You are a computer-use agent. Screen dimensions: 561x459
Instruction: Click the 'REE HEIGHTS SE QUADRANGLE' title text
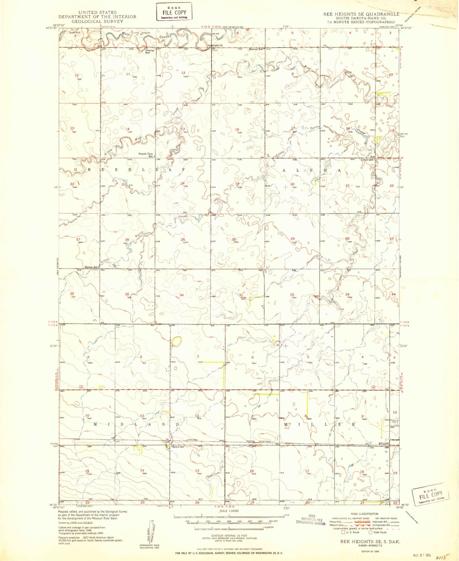pos(361,14)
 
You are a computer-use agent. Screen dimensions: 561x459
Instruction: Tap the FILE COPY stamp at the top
pos(174,12)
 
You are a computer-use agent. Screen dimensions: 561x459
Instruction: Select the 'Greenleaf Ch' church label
pos(215,45)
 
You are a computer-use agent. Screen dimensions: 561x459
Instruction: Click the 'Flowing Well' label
pos(150,51)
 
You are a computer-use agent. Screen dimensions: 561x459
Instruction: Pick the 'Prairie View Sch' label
pos(146,155)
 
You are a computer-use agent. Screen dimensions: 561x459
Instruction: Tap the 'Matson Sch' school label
pos(91,267)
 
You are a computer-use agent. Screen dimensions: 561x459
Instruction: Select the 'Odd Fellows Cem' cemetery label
pos(390,421)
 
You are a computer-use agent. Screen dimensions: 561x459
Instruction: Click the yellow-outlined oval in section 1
pos(177,341)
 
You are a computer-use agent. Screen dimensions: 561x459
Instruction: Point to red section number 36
pos(182,295)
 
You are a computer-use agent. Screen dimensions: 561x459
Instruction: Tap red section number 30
pos(234,239)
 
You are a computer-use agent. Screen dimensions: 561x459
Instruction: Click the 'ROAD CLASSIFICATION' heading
pos(364,514)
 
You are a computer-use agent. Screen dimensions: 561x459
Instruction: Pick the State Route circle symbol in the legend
pos(370,532)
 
